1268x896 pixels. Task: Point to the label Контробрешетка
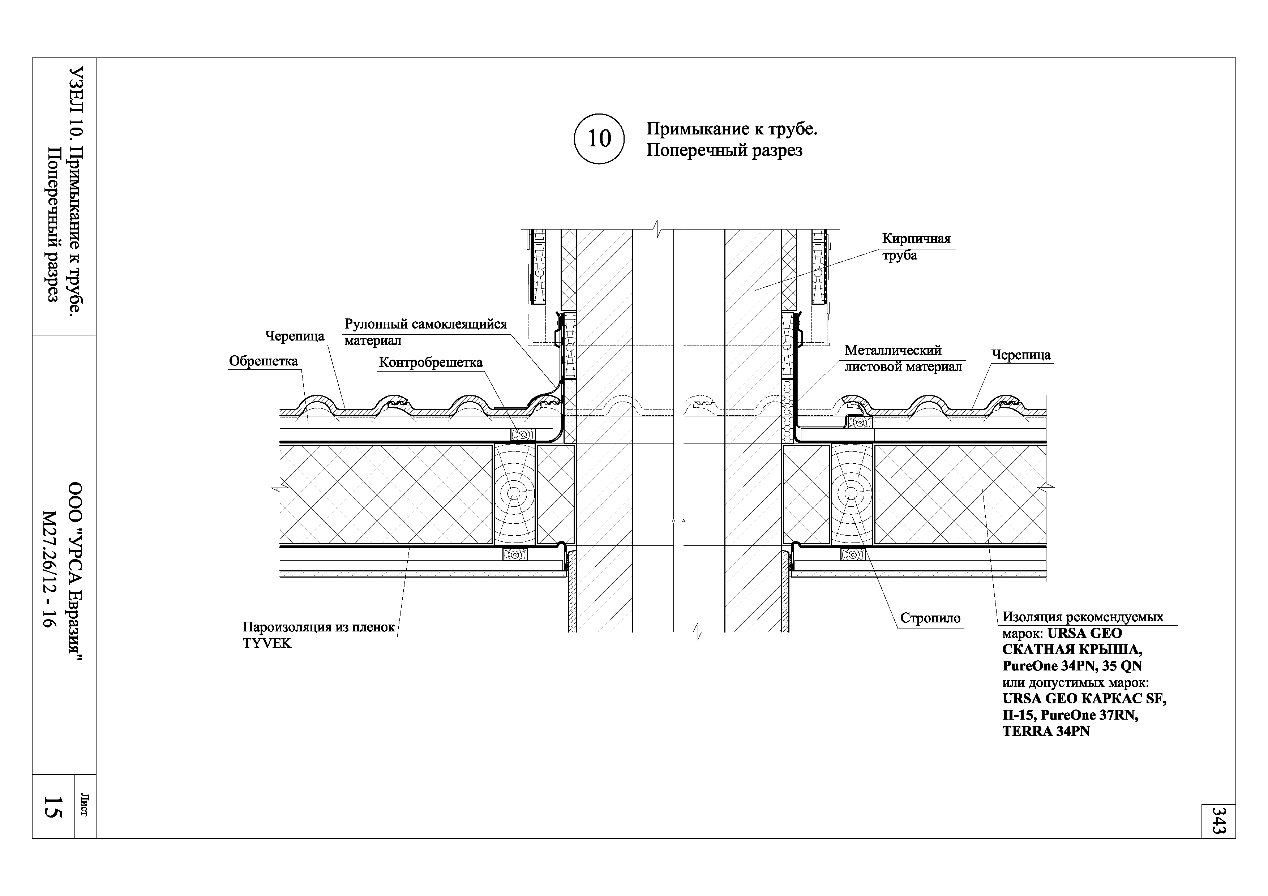(x=430, y=363)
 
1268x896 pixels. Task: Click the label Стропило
(x=930, y=618)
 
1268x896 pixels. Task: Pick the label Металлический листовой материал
(x=903, y=359)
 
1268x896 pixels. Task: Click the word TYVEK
(x=267, y=644)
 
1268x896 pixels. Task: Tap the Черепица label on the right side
(x=1021, y=355)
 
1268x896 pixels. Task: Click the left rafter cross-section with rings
(x=514, y=493)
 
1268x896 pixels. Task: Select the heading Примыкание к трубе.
(x=731, y=129)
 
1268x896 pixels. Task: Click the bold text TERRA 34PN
(x=1046, y=732)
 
